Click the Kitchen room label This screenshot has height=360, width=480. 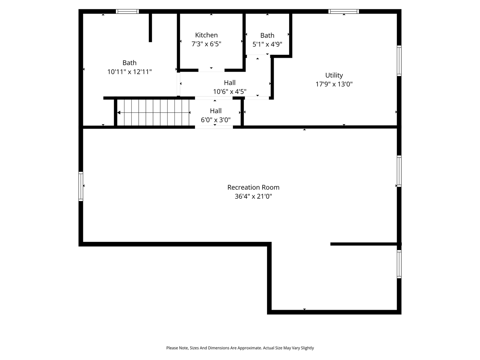coord(206,35)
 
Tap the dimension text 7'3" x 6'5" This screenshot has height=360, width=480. coord(206,44)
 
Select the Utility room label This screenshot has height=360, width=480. coord(334,75)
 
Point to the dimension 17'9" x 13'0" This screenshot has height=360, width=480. coord(334,84)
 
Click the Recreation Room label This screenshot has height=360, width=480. coord(253,187)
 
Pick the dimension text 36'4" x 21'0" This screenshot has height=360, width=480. coord(253,196)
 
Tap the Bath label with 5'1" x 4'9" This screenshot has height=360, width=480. coord(267,35)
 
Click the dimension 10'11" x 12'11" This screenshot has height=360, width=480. coord(129,72)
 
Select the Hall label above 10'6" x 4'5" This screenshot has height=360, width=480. coord(229,82)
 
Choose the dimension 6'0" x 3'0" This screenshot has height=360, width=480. coord(216,120)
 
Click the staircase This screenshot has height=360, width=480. coord(154,112)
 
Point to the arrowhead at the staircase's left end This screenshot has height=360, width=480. coord(119,112)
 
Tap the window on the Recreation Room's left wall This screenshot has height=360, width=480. coord(81,186)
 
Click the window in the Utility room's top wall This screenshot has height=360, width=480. coord(343,11)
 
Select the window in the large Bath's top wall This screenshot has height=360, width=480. coord(127,11)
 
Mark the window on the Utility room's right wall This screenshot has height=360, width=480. coord(399,61)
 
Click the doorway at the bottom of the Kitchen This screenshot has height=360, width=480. coord(211,70)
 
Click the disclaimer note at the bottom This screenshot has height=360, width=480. coord(240,348)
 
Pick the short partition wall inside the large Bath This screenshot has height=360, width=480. coord(150,28)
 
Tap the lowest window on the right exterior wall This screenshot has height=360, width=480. coord(399,264)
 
